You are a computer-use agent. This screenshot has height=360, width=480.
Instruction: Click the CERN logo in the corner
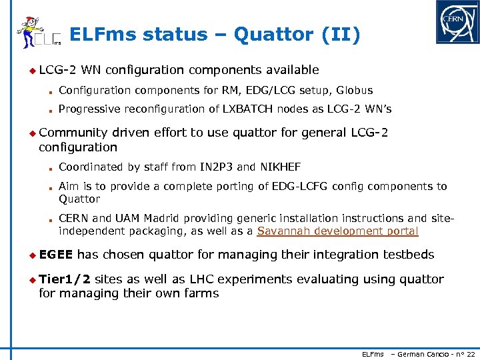coord(457,22)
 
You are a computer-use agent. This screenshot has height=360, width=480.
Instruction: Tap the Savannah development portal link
coord(337,231)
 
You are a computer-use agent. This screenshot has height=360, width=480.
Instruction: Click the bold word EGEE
coord(56,255)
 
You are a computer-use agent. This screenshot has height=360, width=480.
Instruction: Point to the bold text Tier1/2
coord(65,279)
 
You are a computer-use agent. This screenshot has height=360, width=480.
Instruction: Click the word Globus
coord(354,90)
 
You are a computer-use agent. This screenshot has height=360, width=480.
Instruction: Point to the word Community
coord(73,133)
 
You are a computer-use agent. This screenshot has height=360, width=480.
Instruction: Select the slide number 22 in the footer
coord(470,354)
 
